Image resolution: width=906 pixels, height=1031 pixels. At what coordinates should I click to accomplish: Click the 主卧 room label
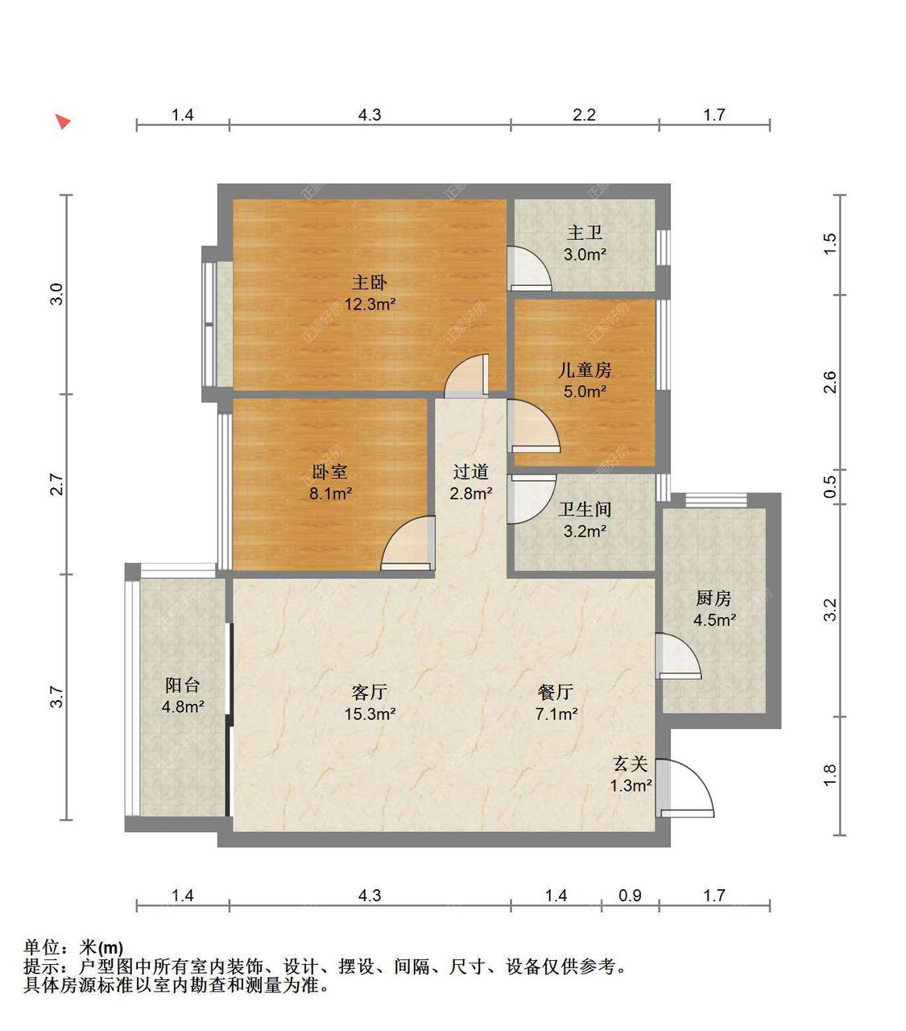pos(370,283)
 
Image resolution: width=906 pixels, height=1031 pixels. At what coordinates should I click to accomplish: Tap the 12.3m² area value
pos(370,304)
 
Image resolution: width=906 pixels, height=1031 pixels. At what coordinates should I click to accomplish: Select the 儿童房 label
pos(585,370)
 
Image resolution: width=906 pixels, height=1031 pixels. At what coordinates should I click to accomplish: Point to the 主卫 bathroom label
pos(585,233)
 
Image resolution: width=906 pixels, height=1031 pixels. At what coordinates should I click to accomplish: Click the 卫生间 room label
pos(585,509)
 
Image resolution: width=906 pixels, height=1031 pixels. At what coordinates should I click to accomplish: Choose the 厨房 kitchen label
pos(714,598)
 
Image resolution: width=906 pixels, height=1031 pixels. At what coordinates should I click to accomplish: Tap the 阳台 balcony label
pos(182,685)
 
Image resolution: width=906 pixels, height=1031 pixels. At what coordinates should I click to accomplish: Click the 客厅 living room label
pos(370,692)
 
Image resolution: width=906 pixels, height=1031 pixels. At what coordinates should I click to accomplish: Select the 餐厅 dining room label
pos(556,692)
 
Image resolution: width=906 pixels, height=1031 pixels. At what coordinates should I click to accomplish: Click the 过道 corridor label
pos(470,472)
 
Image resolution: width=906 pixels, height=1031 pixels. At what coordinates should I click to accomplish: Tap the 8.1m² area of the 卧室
pos(331,493)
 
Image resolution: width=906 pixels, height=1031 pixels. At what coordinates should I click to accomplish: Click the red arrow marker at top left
pos(63,122)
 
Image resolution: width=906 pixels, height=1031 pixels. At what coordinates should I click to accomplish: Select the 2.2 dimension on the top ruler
pos(584,115)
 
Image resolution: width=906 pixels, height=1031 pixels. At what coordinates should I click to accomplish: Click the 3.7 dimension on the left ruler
pos(57,697)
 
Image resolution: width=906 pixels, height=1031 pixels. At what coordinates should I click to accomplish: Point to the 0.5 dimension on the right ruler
pos(829,487)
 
